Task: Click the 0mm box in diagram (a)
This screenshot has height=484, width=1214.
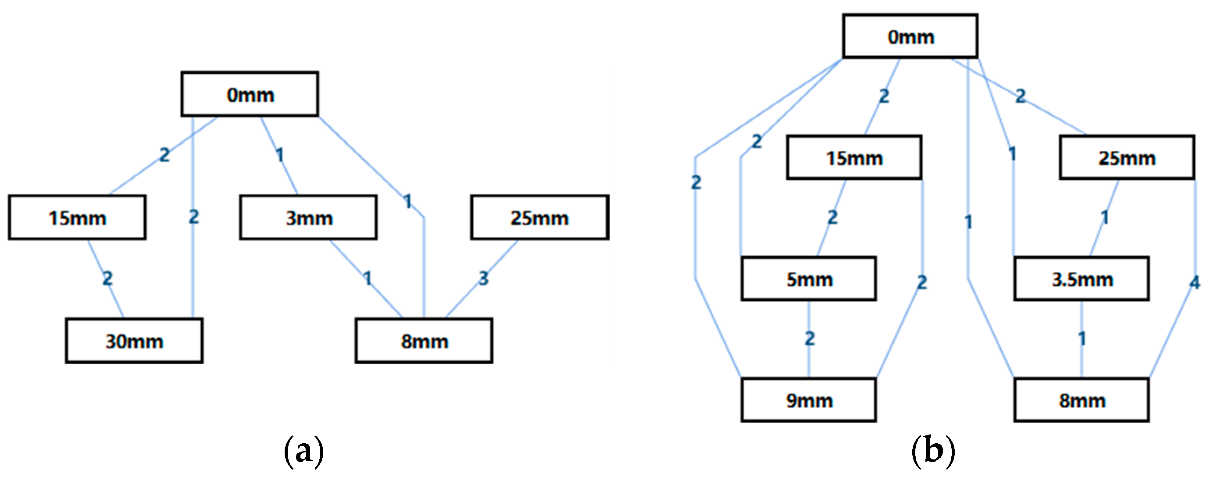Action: coord(250,94)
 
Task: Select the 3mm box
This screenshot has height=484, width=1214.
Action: coord(308,218)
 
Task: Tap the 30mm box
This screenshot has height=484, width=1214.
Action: coord(134,341)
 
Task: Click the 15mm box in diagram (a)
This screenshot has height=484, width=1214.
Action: coord(77,218)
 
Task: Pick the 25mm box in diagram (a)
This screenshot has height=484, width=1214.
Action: coord(539,218)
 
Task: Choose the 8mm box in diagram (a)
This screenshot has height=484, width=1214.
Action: coord(424,341)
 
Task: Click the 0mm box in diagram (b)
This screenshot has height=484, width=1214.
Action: coord(910,36)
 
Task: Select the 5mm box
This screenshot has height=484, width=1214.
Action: coord(809,279)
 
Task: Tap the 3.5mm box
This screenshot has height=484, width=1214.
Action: coord(1082,279)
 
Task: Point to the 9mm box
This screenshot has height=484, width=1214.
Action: coord(809,400)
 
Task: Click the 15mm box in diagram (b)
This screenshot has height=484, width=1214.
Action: coord(854,158)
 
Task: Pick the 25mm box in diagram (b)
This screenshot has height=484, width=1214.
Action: coord(1127,158)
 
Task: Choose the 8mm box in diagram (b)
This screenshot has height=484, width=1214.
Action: coord(1082,400)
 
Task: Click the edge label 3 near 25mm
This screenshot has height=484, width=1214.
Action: coord(483,278)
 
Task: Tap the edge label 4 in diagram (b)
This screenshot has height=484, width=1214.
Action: coord(1194,283)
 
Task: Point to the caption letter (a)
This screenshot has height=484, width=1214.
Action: coord(304,452)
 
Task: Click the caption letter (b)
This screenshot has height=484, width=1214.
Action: coord(933,452)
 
